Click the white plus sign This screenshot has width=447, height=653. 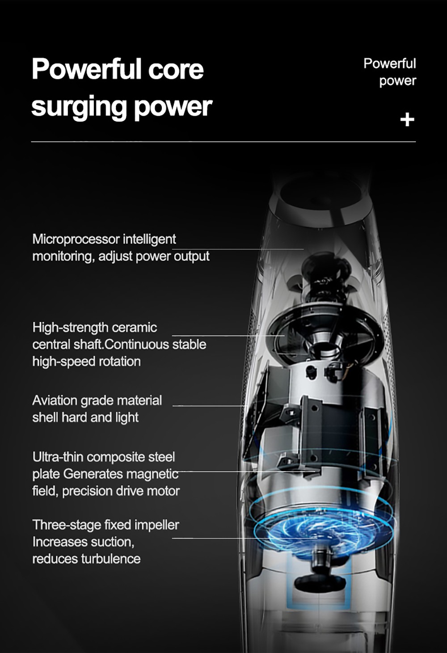point(407,120)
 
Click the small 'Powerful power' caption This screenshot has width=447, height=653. point(390,72)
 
